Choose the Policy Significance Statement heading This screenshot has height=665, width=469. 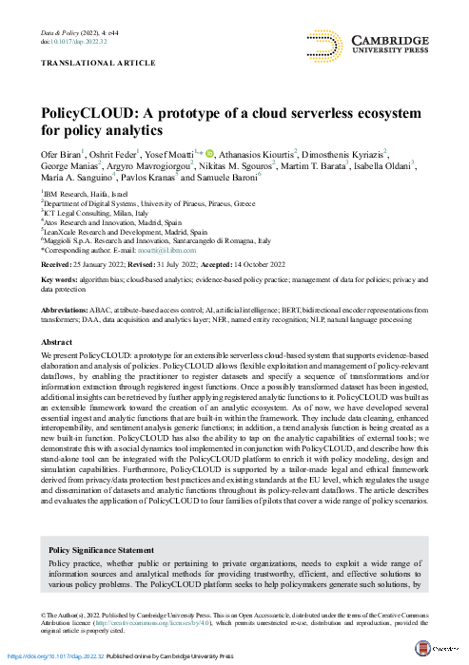click(100, 549)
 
